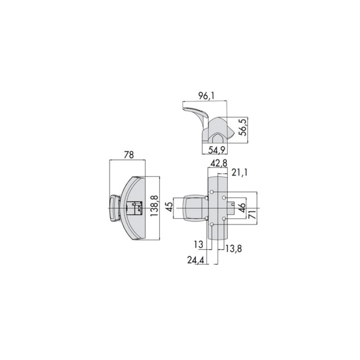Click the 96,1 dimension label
[206, 96]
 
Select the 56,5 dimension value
[243, 127]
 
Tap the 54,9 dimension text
[217, 150]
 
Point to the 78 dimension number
[129, 155]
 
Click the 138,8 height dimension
[154, 206]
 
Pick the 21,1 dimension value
[239, 172]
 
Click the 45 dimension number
[169, 207]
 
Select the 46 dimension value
[242, 207]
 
